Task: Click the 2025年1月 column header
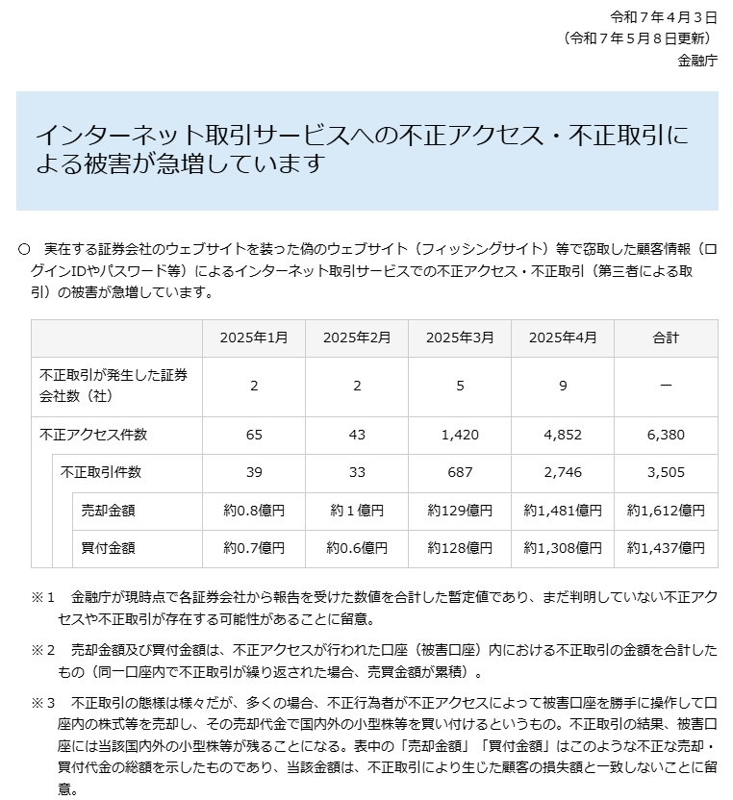(x=254, y=337)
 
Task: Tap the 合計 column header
(x=666, y=337)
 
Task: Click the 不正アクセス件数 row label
(x=93, y=435)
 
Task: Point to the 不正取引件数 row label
(x=101, y=472)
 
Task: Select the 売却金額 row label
(x=109, y=510)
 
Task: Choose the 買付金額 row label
(x=109, y=547)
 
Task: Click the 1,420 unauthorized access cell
(x=460, y=435)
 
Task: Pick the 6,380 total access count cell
(x=666, y=435)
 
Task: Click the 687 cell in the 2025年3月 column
(x=460, y=472)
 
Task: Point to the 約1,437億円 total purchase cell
(x=666, y=547)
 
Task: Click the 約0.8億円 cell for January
(x=254, y=510)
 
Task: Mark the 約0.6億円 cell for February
(x=357, y=547)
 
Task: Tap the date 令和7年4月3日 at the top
(x=664, y=18)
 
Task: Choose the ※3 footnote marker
(x=44, y=702)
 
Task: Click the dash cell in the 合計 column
(x=666, y=386)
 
